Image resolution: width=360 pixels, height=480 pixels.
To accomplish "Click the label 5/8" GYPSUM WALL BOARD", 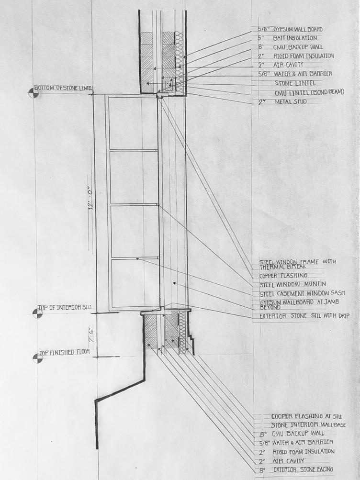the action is (292, 29).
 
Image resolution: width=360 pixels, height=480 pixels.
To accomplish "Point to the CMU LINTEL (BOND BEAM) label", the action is (309, 92).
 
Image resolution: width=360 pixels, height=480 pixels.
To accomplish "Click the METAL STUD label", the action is (289, 102).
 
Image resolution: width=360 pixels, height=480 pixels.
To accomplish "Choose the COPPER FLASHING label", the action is (283, 276).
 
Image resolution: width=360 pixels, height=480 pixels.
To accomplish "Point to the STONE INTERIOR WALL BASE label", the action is (308, 425).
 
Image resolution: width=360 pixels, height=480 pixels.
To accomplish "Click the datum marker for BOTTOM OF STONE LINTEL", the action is (34, 92).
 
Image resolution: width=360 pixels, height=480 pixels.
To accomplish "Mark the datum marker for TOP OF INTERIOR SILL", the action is (37, 313).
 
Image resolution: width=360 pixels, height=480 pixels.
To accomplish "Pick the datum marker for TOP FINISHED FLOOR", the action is (37, 357).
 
